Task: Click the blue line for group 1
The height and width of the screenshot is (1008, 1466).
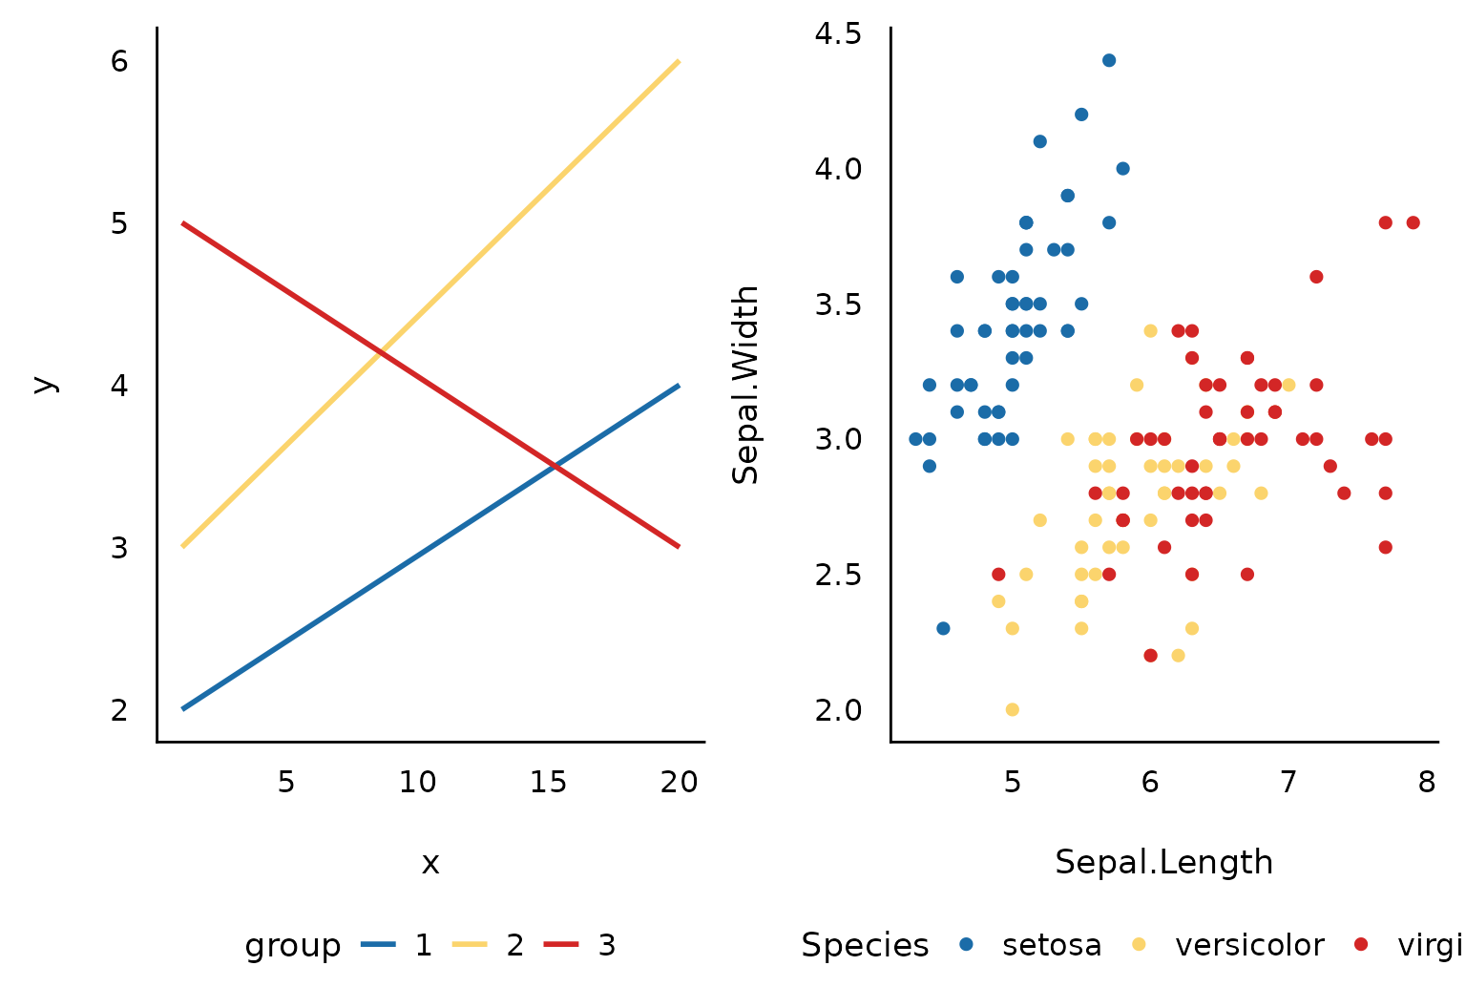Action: tap(429, 547)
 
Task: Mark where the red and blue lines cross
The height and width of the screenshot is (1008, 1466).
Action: tap(555, 466)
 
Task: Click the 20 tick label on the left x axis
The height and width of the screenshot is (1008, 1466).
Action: tap(679, 783)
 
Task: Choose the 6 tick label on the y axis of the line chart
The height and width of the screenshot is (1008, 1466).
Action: tap(119, 61)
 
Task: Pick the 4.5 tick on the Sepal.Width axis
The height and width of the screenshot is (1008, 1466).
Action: tap(838, 34)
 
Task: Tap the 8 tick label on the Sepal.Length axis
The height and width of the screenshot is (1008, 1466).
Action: tap(1426, 783)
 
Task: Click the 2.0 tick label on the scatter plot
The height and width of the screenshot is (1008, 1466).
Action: tap(838, 710)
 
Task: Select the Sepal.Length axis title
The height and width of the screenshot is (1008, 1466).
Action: tap(1163, 863)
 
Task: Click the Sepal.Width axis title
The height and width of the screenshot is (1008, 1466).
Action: tap(745, 385)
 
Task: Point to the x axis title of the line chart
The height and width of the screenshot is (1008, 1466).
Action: tap(430, 864)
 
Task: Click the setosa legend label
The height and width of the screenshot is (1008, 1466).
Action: tap(1052, 946)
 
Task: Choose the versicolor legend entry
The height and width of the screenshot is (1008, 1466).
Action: tap(1249, 946)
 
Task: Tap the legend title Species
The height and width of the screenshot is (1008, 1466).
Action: tap(865, 946)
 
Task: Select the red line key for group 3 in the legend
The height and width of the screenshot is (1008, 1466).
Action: tap(561, 945)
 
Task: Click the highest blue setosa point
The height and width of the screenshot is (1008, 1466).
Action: tap(1109, 60)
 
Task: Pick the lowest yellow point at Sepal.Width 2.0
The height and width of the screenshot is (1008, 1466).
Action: tap(1012, 709)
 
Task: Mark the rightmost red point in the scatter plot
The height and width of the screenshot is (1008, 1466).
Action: tap(1413, 222)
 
